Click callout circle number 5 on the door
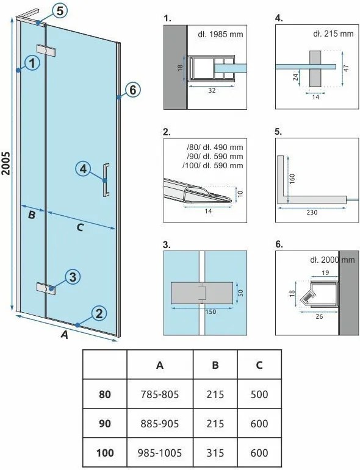pos(60,12)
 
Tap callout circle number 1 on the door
pos(32,63)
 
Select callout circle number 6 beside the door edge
pos(132,90)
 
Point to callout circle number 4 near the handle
pos(83,169)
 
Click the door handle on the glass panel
pos(106,180)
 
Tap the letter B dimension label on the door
pos(32,215)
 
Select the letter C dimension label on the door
pos(80,228)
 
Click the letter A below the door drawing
pos(65,335)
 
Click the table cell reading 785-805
pos(160,394)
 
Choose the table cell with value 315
pos(215,452)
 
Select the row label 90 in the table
pos(105,424)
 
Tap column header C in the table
pos(259,365)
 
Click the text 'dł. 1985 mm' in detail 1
pos(220,34)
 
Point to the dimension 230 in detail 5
pos(312,213)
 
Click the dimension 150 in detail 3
pos(211,312)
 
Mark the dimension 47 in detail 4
pos(347,68)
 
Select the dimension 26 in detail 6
pos(319,316)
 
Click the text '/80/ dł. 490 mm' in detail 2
pos(215,147)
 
